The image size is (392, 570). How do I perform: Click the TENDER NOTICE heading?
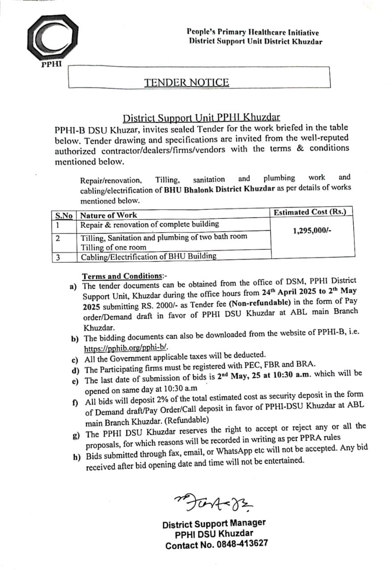[186, 82]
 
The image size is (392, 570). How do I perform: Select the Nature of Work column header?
[109, 216]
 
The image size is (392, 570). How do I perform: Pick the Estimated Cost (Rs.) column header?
[309, 212]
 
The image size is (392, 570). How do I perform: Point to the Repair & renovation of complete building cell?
[149, 224]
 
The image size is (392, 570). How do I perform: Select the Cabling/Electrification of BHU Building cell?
[149, 256]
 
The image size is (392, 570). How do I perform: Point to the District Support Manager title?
[214, 523]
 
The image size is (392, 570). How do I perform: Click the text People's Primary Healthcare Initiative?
[253, 33]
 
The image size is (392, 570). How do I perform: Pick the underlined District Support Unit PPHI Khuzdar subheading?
[202, 118]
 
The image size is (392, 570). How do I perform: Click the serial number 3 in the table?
[58, 257]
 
